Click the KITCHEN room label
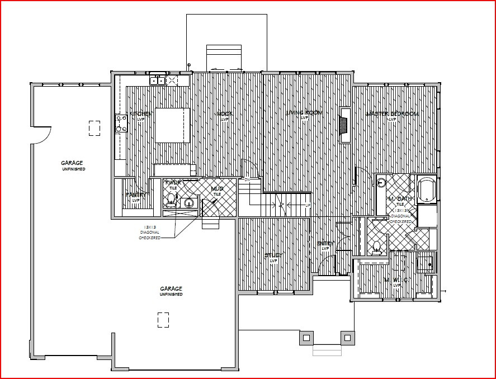(x=141, y=113)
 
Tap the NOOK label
(x=225, y=113)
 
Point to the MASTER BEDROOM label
(x=392, y=114)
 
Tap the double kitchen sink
(x=157, y=80)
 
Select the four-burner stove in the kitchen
(x=120, y=123)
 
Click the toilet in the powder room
(x=171, y=197)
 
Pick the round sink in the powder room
(x=190, y=203)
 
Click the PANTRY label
(x=136, y=195)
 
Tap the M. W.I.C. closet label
(x=397, y=280)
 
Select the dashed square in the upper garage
(x=95, y=128)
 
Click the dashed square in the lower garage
(x=163, y=320)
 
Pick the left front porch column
(x=306, y=338)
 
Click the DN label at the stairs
(x=247, y=179)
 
